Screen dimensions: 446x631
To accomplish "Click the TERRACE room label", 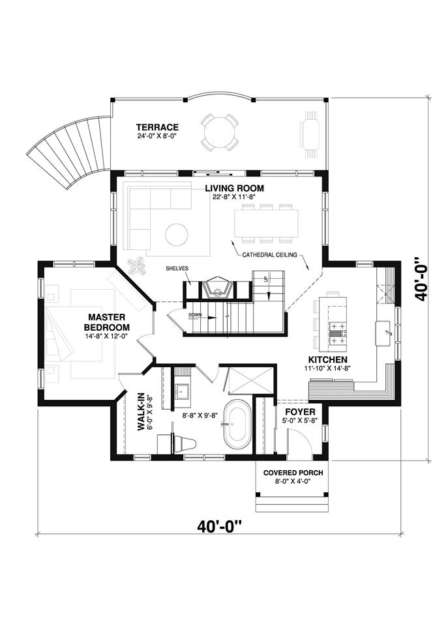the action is [157, 127].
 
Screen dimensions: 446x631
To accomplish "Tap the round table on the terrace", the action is [220, 132].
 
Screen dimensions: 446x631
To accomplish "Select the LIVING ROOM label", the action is [235, 188].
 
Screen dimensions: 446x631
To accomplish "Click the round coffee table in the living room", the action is [177, 234].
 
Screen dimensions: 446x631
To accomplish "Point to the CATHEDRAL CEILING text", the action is [269, 255].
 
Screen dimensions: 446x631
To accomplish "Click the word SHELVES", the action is [177, 268].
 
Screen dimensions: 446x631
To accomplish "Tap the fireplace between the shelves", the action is [218, 287].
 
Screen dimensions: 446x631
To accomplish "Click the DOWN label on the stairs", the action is [194, 315].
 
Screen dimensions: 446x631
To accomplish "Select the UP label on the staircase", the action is [265, 279].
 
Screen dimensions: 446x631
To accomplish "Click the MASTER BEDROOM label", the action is [106, 322].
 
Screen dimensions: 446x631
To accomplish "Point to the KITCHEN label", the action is [327, 359].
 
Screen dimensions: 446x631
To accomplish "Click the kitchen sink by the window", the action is [383, 333].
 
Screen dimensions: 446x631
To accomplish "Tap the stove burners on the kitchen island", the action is [338, 333].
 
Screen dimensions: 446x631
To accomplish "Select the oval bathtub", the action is [237, 424].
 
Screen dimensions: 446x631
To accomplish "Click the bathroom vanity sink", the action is [182, 390].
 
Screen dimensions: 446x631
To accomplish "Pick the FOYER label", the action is [300, 412].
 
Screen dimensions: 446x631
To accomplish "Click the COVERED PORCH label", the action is [293, 473].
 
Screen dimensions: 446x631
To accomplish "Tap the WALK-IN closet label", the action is [141, 412].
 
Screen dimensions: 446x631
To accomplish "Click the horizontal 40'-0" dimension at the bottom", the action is [220, 526].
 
